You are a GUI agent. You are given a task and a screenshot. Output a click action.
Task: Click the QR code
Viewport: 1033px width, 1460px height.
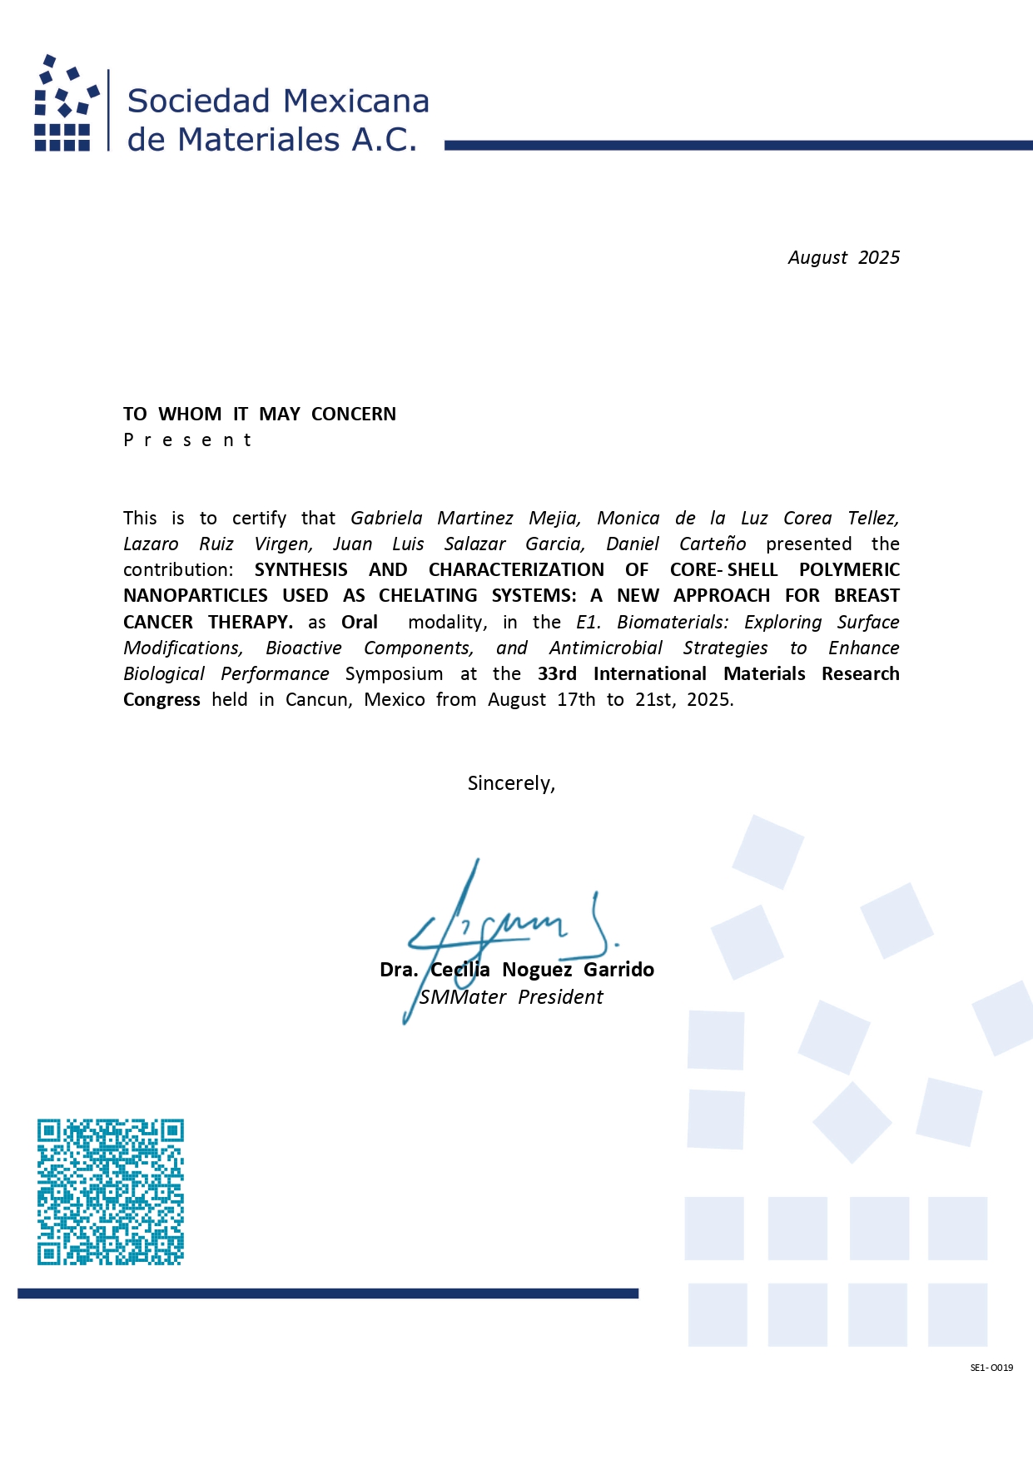(110, 1192)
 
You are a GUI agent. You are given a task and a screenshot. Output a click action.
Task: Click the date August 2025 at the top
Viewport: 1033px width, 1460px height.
(843, 258)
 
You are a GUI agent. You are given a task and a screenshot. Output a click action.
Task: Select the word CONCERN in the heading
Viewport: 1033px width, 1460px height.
(354, 415)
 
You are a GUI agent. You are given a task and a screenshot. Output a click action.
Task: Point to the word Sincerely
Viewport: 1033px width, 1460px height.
(511, 783)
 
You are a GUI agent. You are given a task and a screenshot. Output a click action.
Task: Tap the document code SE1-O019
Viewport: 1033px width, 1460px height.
(991, 1368)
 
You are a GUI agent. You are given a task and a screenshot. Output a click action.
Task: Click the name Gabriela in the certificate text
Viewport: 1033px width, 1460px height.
(386, 519)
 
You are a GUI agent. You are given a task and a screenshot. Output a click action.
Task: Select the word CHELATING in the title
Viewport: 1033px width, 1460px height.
(428, 596)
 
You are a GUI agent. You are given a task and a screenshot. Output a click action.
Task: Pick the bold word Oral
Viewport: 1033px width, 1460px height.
(360, 623)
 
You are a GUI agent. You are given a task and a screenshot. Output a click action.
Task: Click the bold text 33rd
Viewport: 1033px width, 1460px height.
(557, 674)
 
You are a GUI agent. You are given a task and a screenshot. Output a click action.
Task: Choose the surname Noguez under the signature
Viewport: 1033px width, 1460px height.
(537, 970)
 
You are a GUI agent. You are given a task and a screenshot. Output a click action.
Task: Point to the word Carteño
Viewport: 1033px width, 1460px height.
(713, 544)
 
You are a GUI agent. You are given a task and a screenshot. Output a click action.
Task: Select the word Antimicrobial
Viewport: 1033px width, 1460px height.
(606, 648)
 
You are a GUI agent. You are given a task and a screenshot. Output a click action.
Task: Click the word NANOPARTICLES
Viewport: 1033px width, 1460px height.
(196, 596)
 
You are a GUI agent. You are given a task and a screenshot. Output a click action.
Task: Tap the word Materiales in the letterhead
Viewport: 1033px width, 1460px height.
(258, 140)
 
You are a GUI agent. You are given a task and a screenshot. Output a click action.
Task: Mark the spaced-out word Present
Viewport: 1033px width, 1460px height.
(187, 440)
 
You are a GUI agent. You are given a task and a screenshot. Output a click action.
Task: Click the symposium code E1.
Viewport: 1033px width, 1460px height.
(588, 623)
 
